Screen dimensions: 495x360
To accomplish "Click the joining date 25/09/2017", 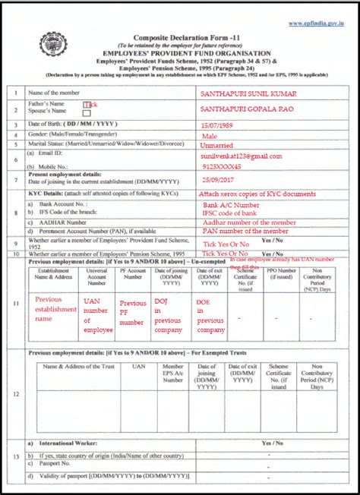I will click(219, 180).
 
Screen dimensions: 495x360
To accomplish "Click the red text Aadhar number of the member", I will click(247, 221).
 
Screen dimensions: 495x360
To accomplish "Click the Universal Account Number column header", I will click(98, 278).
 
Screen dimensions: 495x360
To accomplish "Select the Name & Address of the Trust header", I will click(80, 367).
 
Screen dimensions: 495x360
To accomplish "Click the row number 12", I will click(17, 394).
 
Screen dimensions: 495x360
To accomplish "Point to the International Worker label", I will click(65, 441).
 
